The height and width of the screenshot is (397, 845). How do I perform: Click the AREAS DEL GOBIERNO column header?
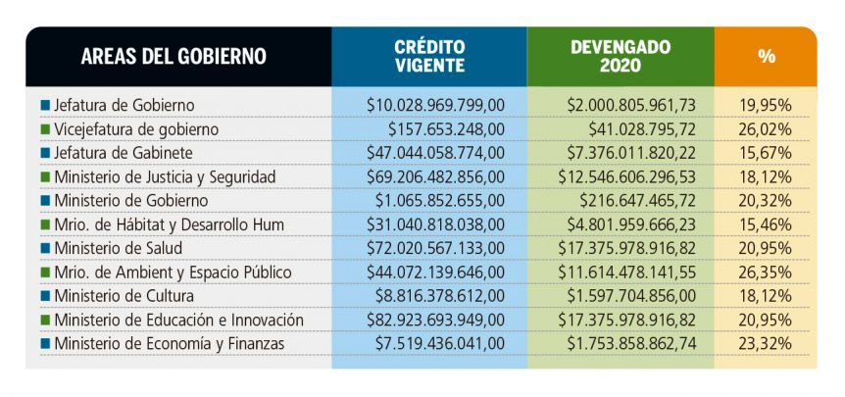pos(174,56)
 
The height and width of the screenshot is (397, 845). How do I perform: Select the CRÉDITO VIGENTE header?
pos(429,56)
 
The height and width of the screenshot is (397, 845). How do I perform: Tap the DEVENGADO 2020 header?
pos(621,56)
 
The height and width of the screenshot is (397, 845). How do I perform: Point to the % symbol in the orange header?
pos(767,56)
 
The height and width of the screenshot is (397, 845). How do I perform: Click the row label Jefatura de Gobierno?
pos(124,105)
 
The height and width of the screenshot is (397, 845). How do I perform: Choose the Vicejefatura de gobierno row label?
pos(136,129)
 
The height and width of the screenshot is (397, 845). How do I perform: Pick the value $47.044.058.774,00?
pos(435,153)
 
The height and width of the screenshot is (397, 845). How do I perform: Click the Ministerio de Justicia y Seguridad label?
pos(165,176)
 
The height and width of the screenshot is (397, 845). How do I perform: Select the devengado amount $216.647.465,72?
pos(638,201)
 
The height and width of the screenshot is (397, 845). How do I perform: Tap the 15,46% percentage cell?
pos(767,224)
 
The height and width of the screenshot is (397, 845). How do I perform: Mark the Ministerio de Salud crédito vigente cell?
pos(435,248)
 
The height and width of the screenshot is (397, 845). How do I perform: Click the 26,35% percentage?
pos(767,273)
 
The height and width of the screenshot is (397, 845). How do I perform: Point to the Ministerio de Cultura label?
pos(124,296)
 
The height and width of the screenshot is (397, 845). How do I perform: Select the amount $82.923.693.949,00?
pos(435,320)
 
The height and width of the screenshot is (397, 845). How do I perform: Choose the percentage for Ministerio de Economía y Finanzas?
pos(767,344)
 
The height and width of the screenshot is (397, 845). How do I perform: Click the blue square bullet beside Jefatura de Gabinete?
pos(45,154)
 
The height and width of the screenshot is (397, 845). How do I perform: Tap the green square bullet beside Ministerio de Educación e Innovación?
pos(45,321)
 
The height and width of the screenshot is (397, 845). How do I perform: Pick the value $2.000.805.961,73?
pos(631,105)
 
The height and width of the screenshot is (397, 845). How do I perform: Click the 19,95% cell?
pos(767,105)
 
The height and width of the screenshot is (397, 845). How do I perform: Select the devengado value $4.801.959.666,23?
pos(631,224)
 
